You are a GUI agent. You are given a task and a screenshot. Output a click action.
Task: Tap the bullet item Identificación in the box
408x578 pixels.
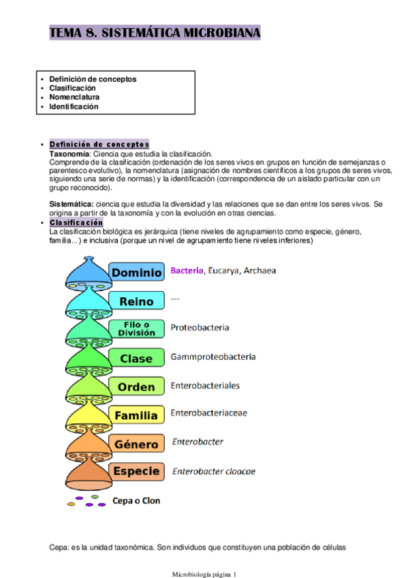74,106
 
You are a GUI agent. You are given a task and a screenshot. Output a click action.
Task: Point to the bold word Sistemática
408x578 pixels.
72,204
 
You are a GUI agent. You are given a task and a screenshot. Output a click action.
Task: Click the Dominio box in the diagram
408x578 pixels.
136,273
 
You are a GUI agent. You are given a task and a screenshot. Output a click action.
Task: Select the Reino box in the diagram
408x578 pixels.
136,301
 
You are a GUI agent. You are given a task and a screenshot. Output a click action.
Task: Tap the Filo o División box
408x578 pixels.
136,329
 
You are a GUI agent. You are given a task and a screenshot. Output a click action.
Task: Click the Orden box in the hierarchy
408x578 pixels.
136,386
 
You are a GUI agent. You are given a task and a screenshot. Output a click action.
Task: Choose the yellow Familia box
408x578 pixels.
136,415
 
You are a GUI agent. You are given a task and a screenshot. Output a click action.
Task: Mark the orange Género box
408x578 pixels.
136,444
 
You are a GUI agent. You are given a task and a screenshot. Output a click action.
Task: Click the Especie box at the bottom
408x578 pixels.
136,471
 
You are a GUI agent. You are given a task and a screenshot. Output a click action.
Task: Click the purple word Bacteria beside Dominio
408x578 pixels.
187,271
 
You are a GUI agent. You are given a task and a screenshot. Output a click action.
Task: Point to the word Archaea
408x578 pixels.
258,271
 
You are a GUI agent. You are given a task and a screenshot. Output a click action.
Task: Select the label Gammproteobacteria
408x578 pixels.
213,356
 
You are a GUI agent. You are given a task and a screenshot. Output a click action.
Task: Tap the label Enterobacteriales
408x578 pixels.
205,385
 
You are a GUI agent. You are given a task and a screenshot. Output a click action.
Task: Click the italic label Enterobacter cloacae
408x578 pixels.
214,471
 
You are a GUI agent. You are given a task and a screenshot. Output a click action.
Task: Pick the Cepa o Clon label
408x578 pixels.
136,501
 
